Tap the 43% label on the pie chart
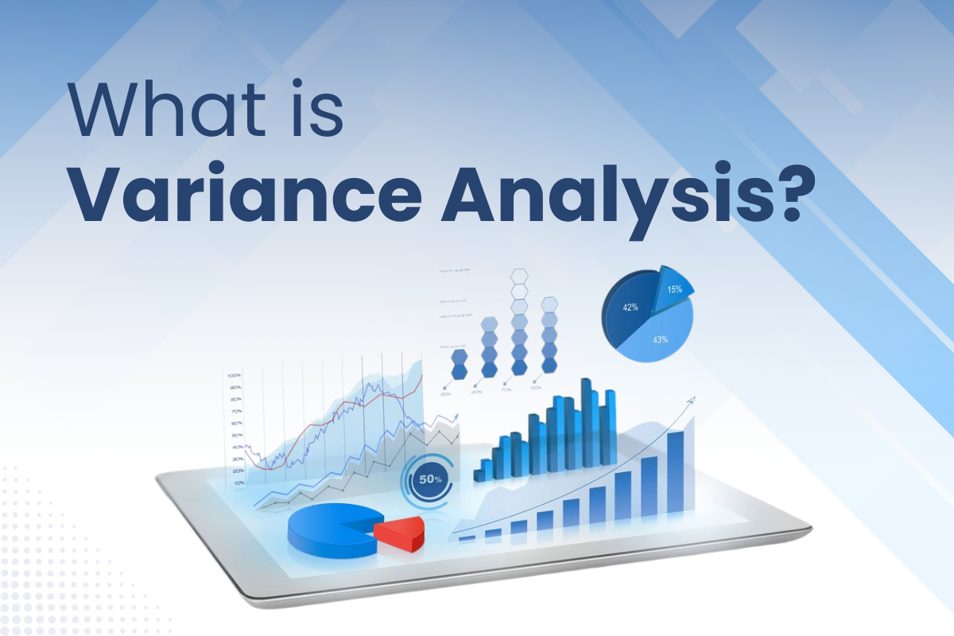[659, 339]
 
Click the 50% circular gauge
[430, 479]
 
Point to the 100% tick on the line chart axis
[235, 375]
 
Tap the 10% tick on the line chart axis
[238, 483]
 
